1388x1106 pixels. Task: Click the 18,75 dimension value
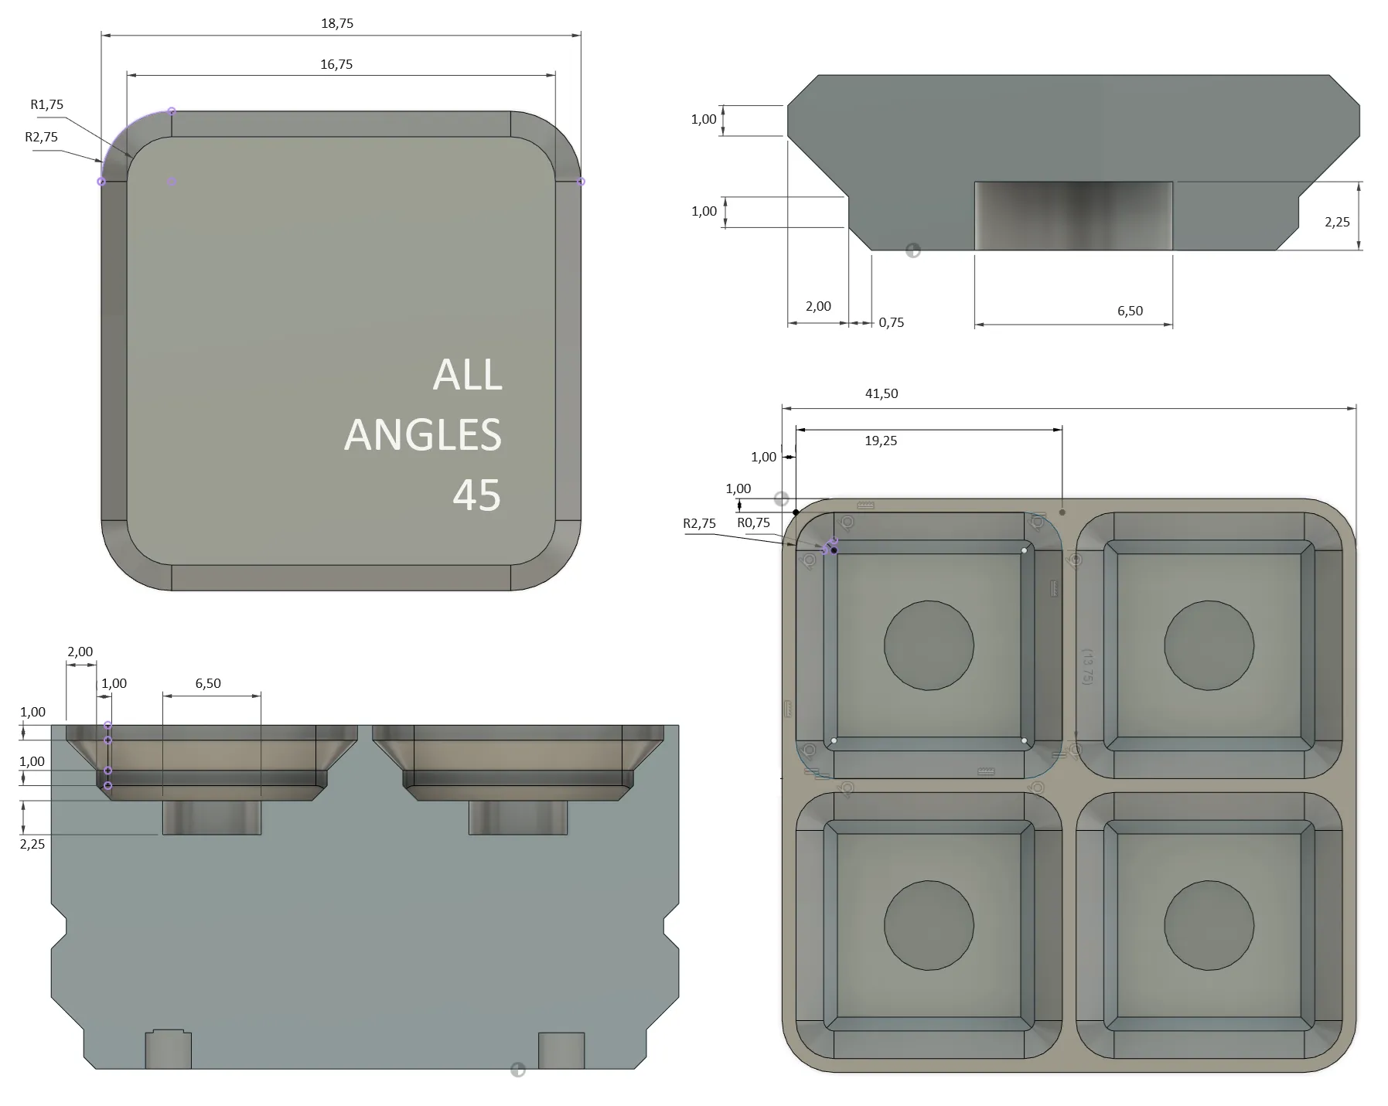(x=337, y=23)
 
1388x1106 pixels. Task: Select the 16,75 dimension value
(x=336, y=64)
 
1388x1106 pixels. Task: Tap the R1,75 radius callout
(x=47, y=104)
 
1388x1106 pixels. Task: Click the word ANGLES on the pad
(x=423, y=434)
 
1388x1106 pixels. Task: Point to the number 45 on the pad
(x=476, y=495)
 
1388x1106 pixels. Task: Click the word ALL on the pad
(x=467, y=375)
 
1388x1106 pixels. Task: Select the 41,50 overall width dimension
(x=882, y=393)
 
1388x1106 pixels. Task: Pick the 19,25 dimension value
(x=881, y=441)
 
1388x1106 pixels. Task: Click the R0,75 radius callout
(x=754, y=522)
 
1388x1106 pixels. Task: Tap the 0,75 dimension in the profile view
(x=891, y=322)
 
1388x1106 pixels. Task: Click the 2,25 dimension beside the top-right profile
(x=1337, y=222)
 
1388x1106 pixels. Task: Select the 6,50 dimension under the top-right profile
(x=1130, y=311)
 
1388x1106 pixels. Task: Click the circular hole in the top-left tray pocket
(x=929, y=645)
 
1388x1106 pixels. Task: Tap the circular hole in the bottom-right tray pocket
(x=1209, y=925)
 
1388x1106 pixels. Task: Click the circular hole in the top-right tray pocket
(x=1209, y=645)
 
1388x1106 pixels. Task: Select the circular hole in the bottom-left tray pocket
(x=929, y=925)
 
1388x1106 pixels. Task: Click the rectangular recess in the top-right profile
(x=1073, y=216)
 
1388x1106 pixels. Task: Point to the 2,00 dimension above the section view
(x=80, y=652)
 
